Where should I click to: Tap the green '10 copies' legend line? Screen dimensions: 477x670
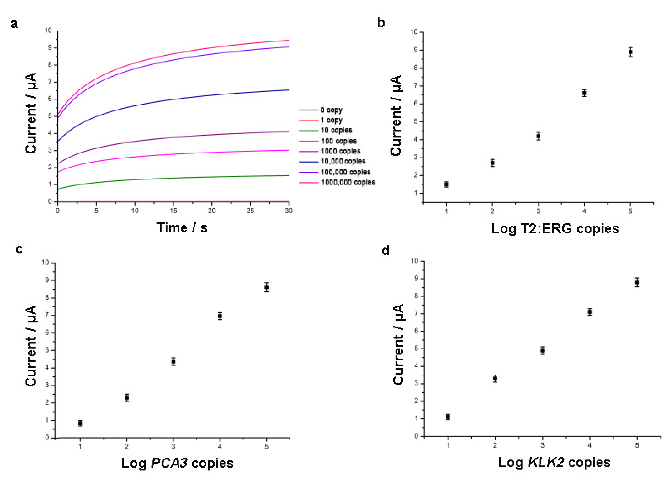[308, 130]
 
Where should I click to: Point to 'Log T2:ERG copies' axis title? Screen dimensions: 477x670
[555, 229]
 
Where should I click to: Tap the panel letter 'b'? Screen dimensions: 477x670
[381, 23]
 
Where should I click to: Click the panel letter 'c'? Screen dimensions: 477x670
[19, 249]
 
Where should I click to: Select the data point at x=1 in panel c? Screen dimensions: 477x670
[80, 423]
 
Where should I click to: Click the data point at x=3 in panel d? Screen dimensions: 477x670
[542, 350]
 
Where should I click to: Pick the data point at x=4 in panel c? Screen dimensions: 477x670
[220, 316]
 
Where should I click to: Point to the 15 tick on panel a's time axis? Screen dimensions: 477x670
[173, 211]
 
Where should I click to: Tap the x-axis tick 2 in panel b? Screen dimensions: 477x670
[492, 211]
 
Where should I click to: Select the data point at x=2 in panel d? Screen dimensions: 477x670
[495, 378]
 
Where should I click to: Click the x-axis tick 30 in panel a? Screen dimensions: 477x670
[289, 211]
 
